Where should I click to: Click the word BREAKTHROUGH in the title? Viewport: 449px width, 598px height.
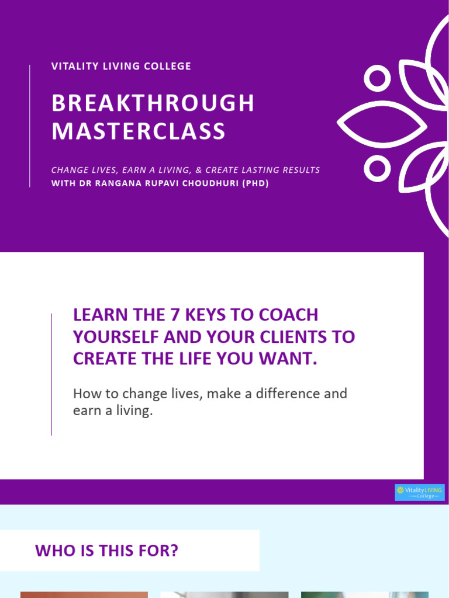(x=153, y=103)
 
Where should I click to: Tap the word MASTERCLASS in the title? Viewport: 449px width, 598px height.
(x=139, y=131)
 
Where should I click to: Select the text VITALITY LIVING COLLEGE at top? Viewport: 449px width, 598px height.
(x=121, y=66)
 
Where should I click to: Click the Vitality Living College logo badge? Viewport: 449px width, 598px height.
(x=419, y=492)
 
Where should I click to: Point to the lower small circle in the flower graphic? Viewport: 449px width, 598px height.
(x=377, y=169)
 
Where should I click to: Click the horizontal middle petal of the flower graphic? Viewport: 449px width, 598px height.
(x=383, y=123)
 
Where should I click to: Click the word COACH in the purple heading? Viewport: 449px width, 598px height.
(x=288, y=315)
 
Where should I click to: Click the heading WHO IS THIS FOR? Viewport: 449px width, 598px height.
(x=106, y=550)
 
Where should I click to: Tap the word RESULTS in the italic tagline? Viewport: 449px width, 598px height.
(x=298, y=170)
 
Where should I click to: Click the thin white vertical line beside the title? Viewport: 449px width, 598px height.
(x=30, y=126)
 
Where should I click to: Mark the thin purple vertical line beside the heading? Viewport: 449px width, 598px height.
(x=51, y=374)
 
